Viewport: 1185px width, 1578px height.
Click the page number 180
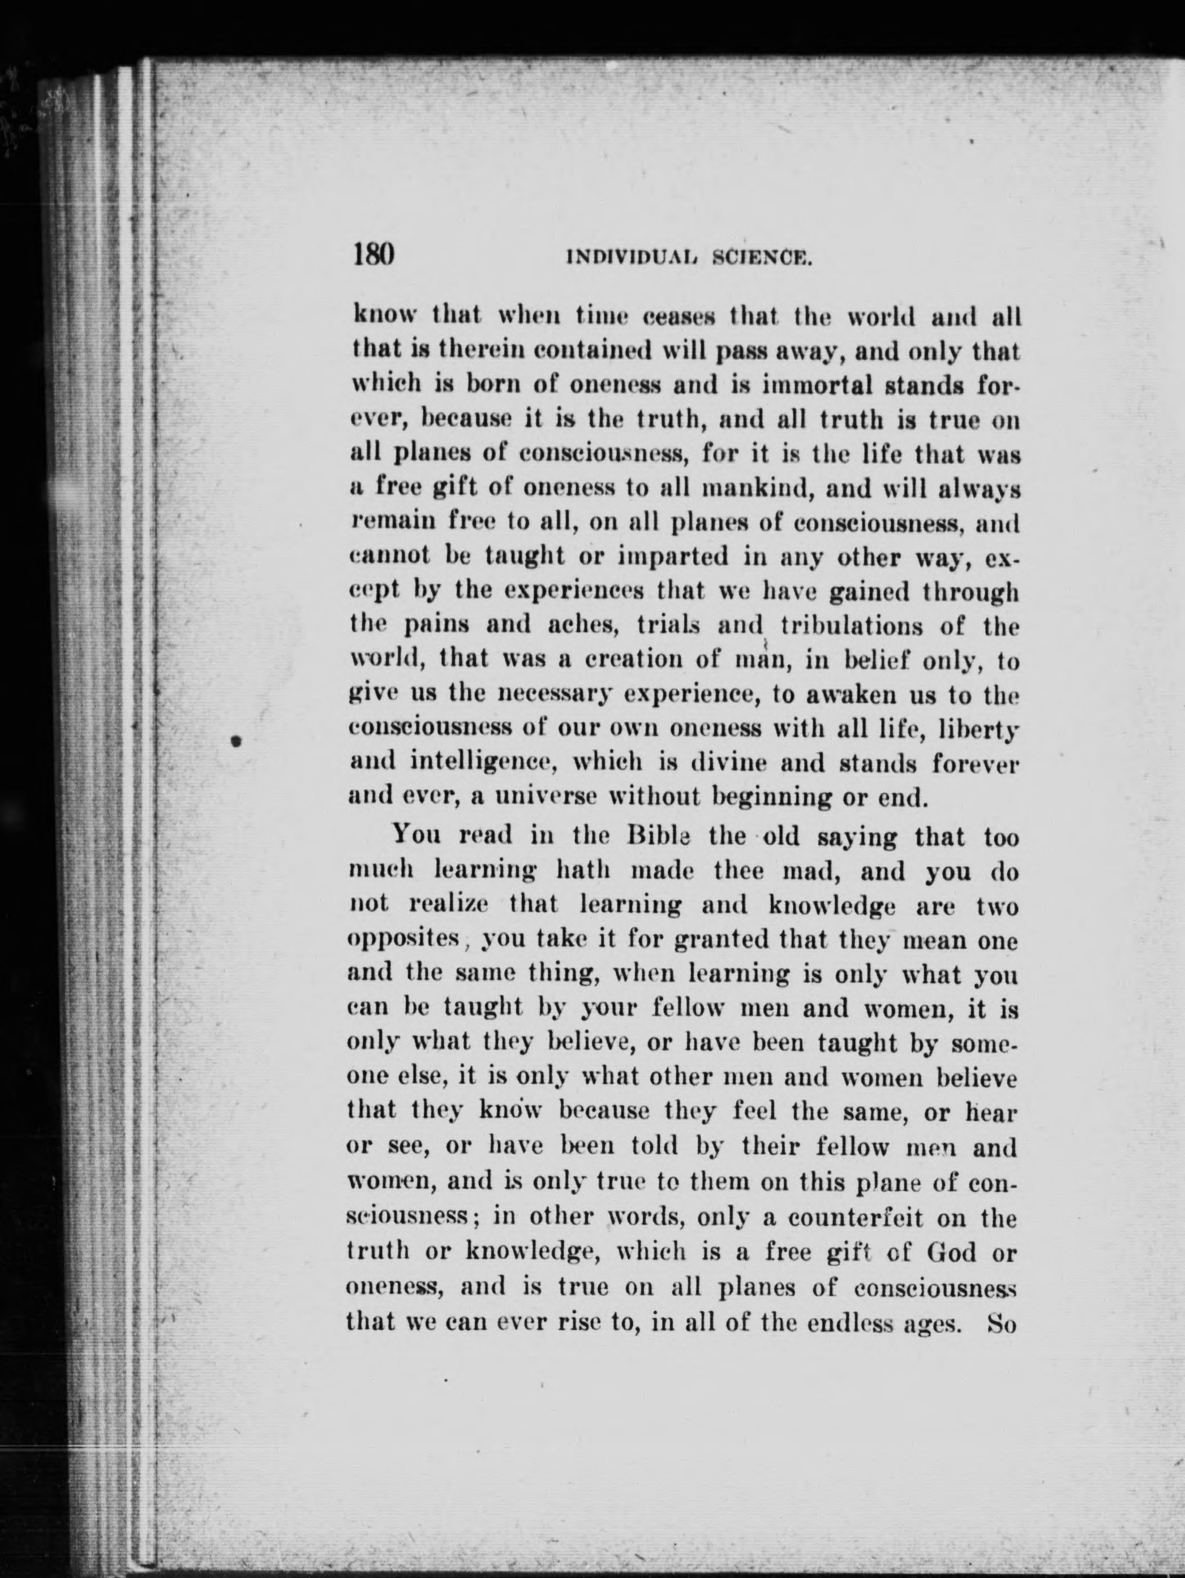click(374, 255)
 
